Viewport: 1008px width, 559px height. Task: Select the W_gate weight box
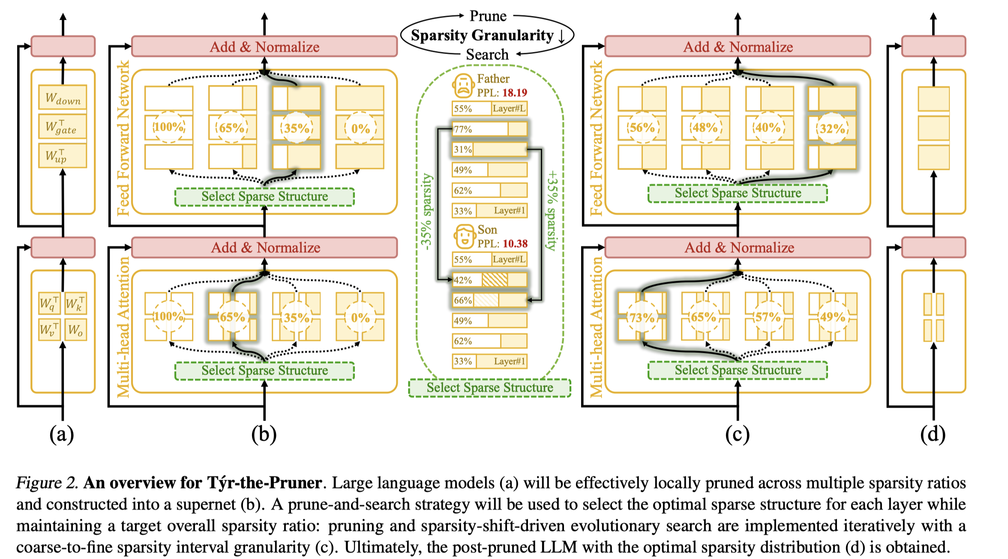tap(63, 127)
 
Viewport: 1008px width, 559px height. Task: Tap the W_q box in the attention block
tap(49, 304)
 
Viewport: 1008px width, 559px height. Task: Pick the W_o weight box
tap(75, 330)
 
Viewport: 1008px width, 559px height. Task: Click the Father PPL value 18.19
tap(515, 93)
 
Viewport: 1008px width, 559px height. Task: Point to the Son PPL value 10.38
tap(515, 243)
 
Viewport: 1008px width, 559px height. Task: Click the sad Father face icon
tap(463, 86)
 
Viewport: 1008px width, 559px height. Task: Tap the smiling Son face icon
tap(464, 237)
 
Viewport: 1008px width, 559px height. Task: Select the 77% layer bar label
tap(463, 129)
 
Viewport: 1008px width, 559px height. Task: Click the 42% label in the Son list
tap(463, 280)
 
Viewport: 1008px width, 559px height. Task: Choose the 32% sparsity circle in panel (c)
tap(832, 128)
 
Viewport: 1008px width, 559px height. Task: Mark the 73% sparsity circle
tap(642, 318)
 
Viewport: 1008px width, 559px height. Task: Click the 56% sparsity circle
tap(642, 127)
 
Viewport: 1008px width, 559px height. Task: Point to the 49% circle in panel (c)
tap(832, 317)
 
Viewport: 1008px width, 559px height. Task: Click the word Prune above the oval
tap(488, 16)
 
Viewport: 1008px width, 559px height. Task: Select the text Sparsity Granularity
tap(482, 35)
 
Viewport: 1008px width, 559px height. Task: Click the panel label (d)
tap(933, 434)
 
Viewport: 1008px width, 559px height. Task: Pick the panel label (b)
tap(264, 434)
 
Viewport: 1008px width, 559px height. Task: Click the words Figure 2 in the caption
tap(47, 483)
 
